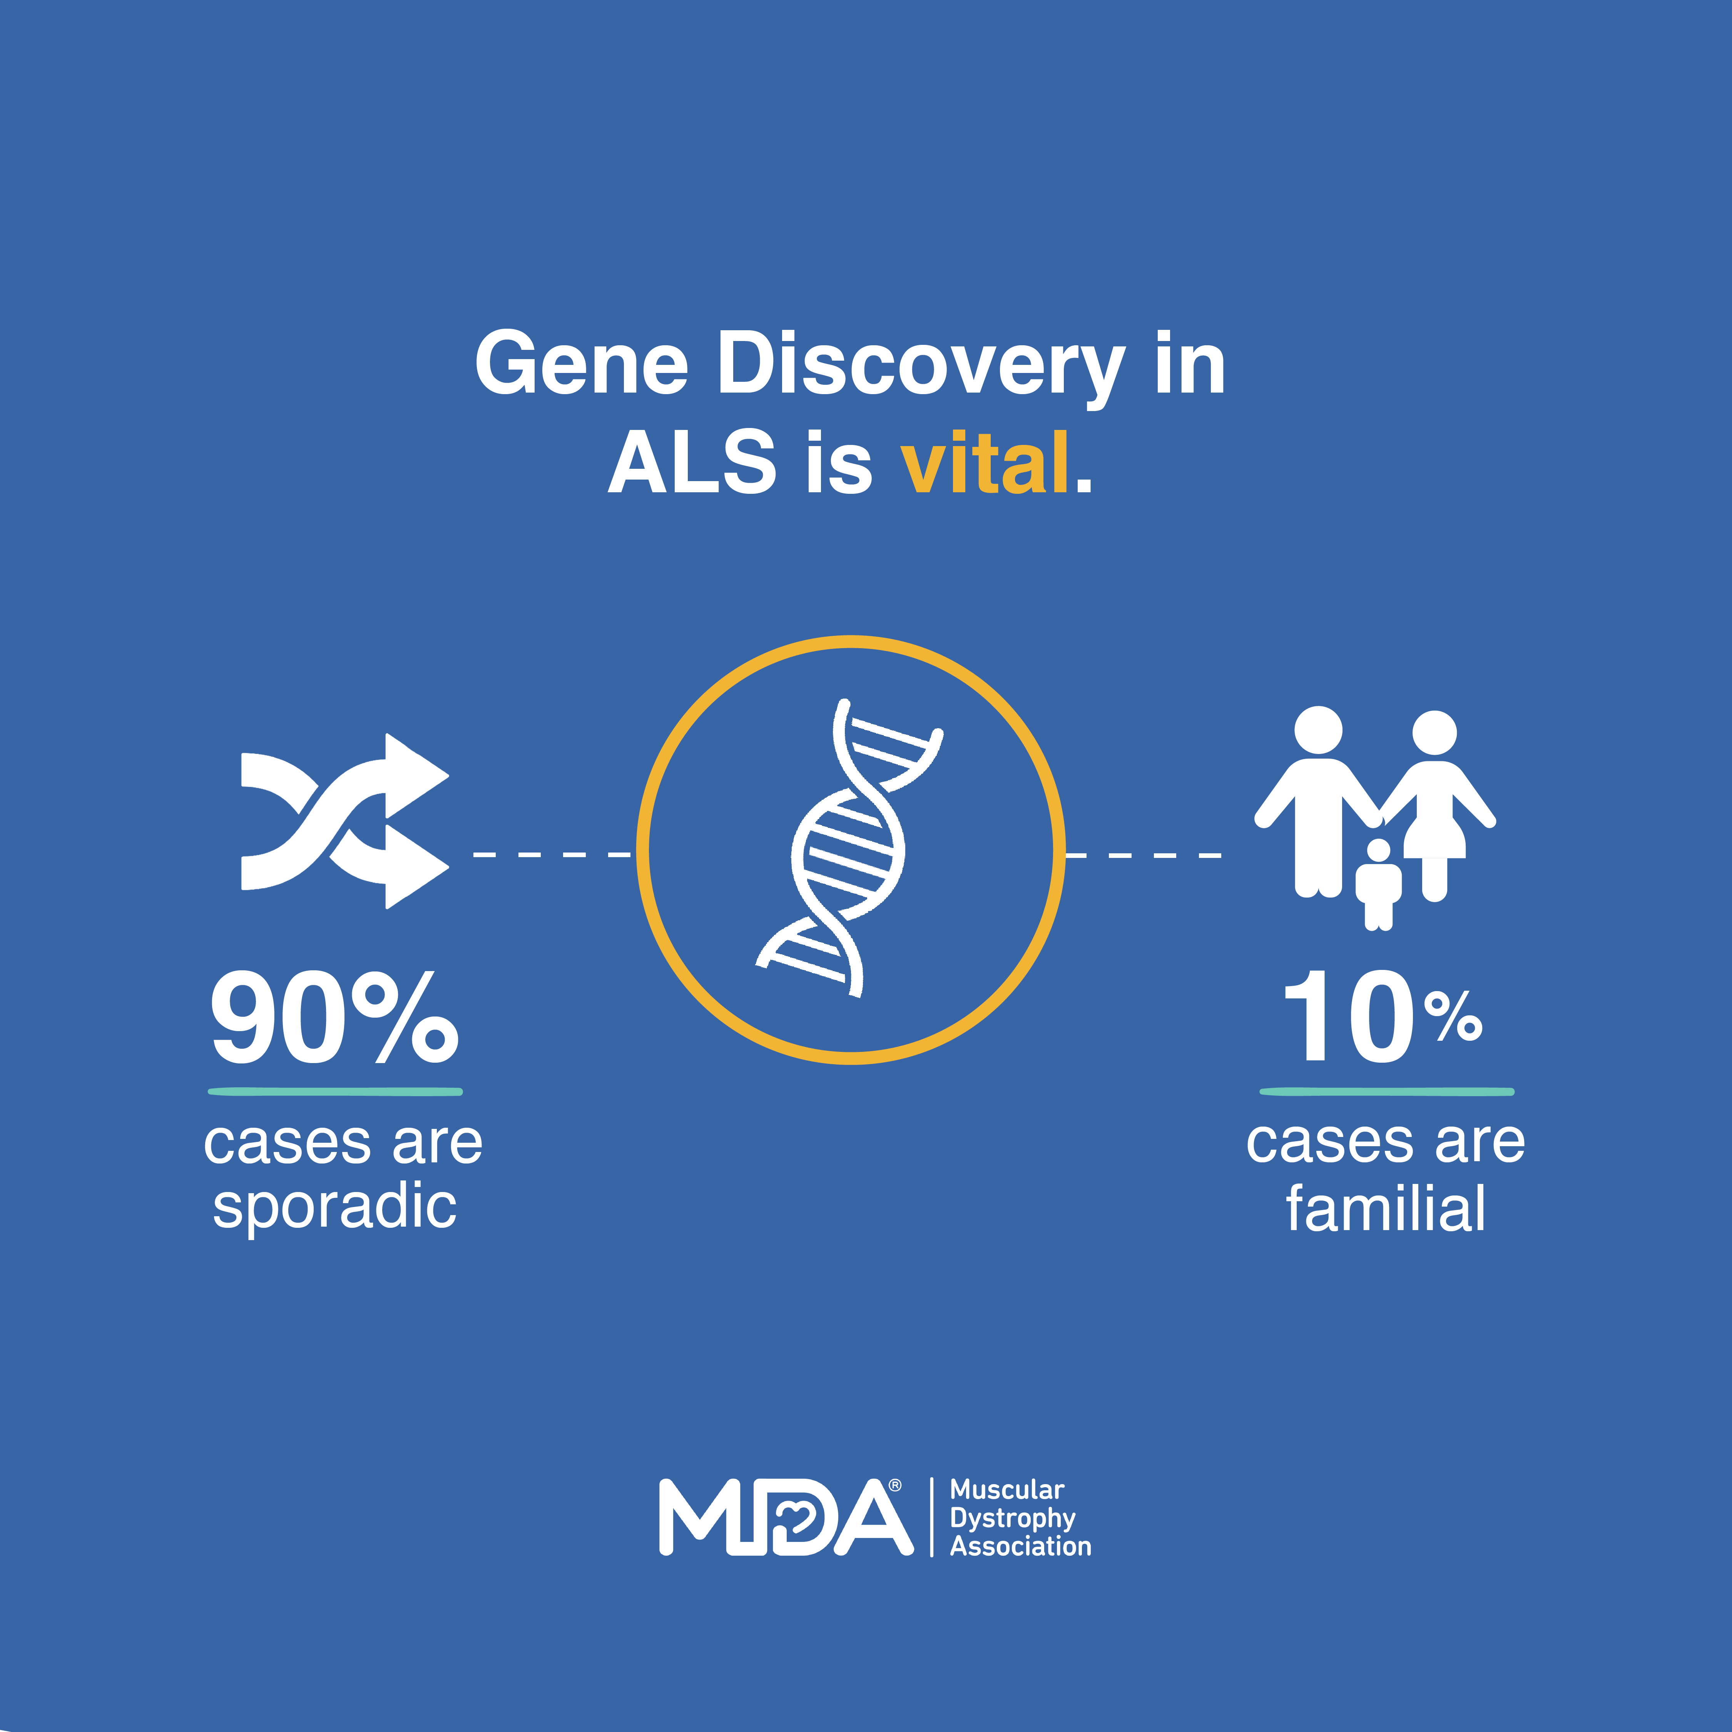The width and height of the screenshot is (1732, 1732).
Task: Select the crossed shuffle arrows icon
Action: pos(344,821)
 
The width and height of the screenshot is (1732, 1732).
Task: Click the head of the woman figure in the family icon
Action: pos(1434,732)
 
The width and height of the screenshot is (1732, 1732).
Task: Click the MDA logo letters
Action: pos(786,1517)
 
